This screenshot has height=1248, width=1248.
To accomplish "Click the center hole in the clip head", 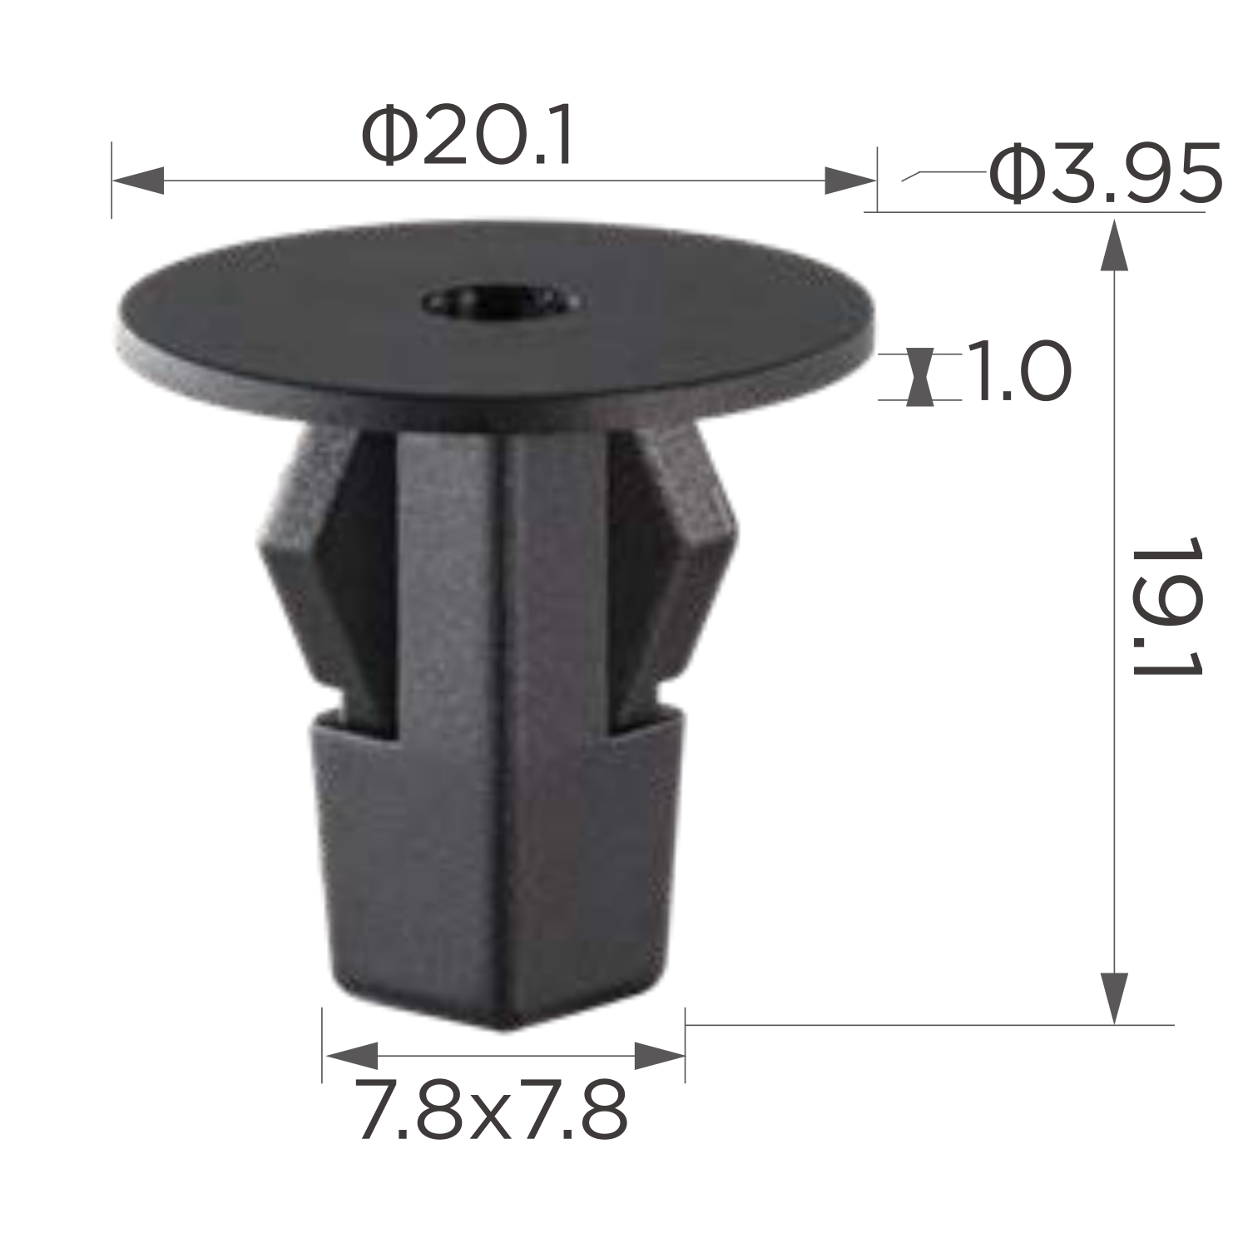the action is [x=500, y=301].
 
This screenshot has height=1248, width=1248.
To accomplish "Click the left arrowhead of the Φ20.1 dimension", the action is [x=138, y=180].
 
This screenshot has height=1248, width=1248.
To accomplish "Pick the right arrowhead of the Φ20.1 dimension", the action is [x=850, y=180].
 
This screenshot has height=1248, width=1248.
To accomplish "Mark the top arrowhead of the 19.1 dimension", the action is [x=1114, y=245].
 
